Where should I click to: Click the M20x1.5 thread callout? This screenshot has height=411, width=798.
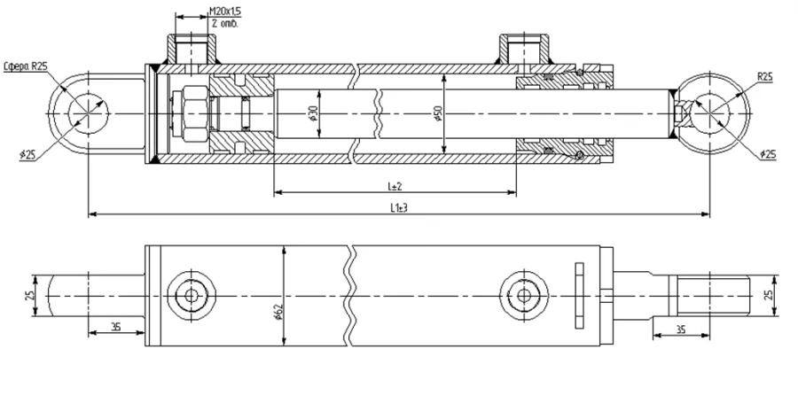coord(225,11)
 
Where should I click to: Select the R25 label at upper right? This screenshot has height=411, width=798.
coord(764,77)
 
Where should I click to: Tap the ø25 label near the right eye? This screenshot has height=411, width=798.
coord(768,154)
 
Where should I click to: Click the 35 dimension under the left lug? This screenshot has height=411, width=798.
coord(115,327)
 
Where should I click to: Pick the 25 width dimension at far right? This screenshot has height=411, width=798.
coord(769,293)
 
